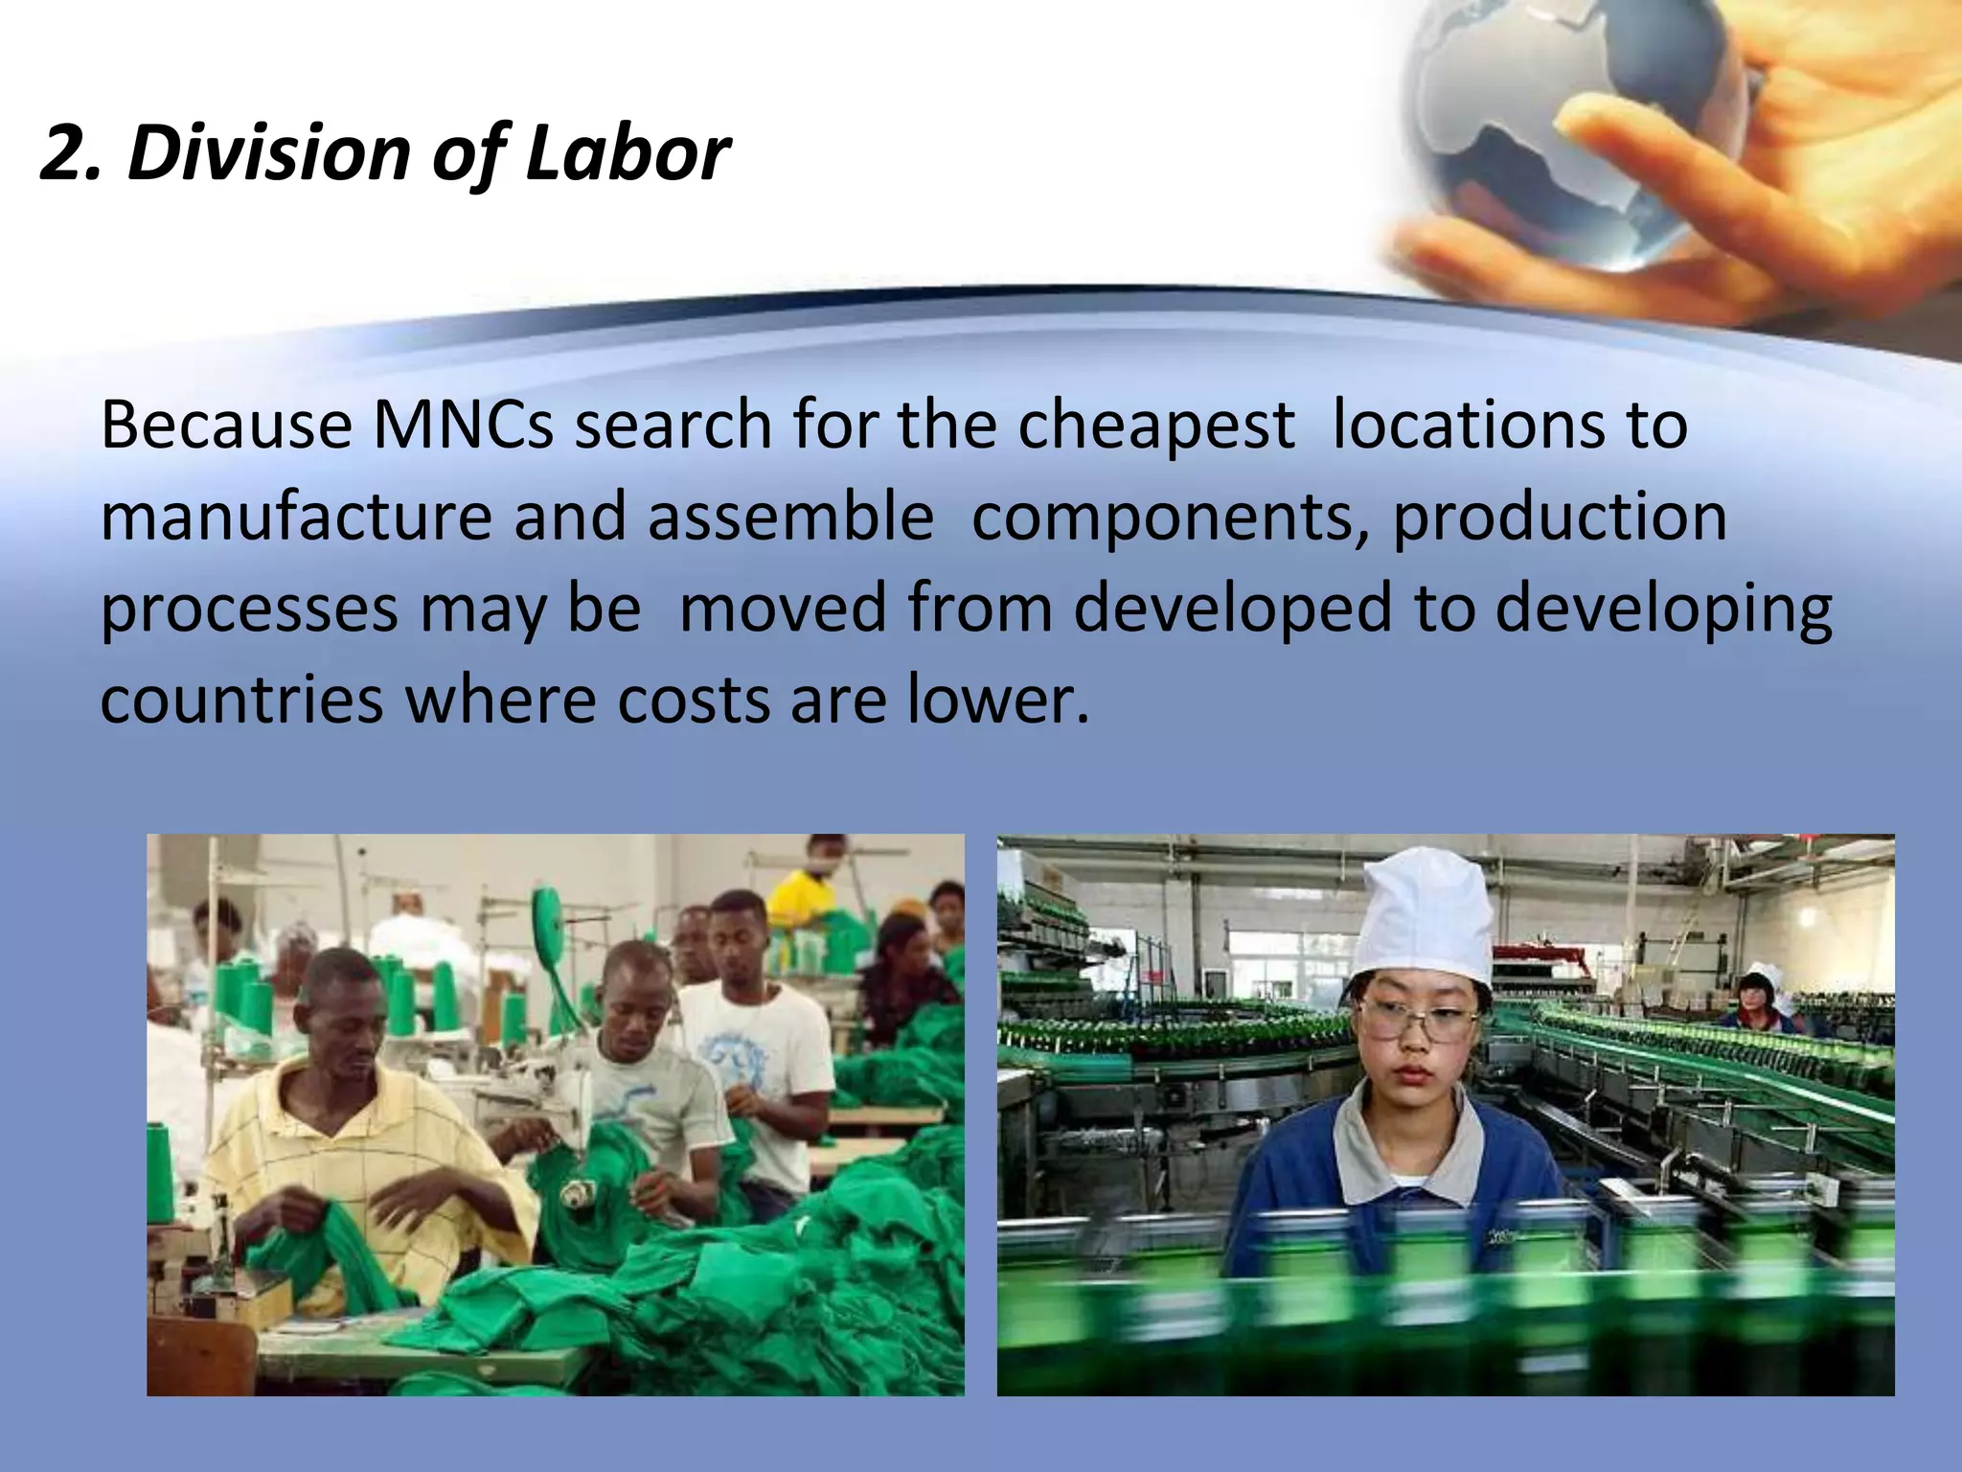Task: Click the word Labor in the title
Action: click(627, 153)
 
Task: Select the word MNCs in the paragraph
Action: click(463, 425)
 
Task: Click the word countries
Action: click(241, 700)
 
